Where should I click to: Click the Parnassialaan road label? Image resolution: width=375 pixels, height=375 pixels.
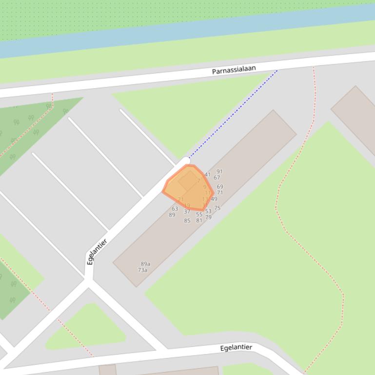click(x=234, y=70)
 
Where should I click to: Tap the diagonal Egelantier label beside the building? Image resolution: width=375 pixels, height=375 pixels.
click(x=97, y=252)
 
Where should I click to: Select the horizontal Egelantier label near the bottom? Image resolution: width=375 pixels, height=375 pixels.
click(x=236, y=347)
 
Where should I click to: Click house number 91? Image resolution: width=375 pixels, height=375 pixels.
click(x=219, y=171)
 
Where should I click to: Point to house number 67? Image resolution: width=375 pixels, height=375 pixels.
click(x=217, y=178)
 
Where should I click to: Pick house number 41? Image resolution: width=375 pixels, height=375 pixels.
click(x=208, y=174)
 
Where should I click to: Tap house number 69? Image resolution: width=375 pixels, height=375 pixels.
click(x=220, y=187)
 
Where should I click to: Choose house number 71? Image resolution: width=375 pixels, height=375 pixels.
click(x=220, y=193)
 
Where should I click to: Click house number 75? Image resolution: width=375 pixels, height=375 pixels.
click(x=217, y=208)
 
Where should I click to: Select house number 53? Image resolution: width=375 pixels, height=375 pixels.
click(x=208, y=211)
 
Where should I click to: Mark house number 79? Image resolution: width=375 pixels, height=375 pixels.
click(x=208, y=217)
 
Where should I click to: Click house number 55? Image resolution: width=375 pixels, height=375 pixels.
click(x=199, y=214)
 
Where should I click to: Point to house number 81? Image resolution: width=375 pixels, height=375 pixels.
click(x=199, y=221)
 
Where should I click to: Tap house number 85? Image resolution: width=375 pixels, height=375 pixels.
click(x=187, y=221)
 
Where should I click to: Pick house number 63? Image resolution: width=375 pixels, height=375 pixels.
click(x=175, y=209)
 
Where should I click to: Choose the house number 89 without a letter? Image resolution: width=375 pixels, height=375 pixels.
click(x=172, y=215)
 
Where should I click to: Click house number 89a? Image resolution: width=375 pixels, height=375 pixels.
click(x=145, y=264)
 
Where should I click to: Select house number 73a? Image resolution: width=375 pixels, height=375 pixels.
click(x=142, y=270)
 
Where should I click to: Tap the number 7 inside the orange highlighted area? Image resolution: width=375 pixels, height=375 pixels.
click(x=198, y=181)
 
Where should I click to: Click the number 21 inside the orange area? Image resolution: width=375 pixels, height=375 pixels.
click(x=181, y=200)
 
